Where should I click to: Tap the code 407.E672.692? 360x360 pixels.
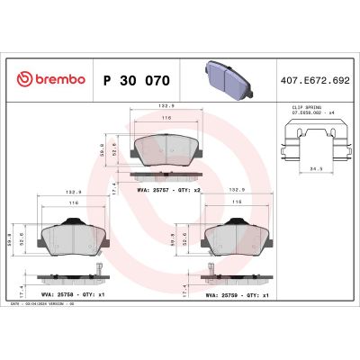[x=316, y=80]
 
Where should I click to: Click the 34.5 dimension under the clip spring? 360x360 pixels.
[x=313, y=167]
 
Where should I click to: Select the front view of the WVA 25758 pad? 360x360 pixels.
[x=75, y=237]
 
